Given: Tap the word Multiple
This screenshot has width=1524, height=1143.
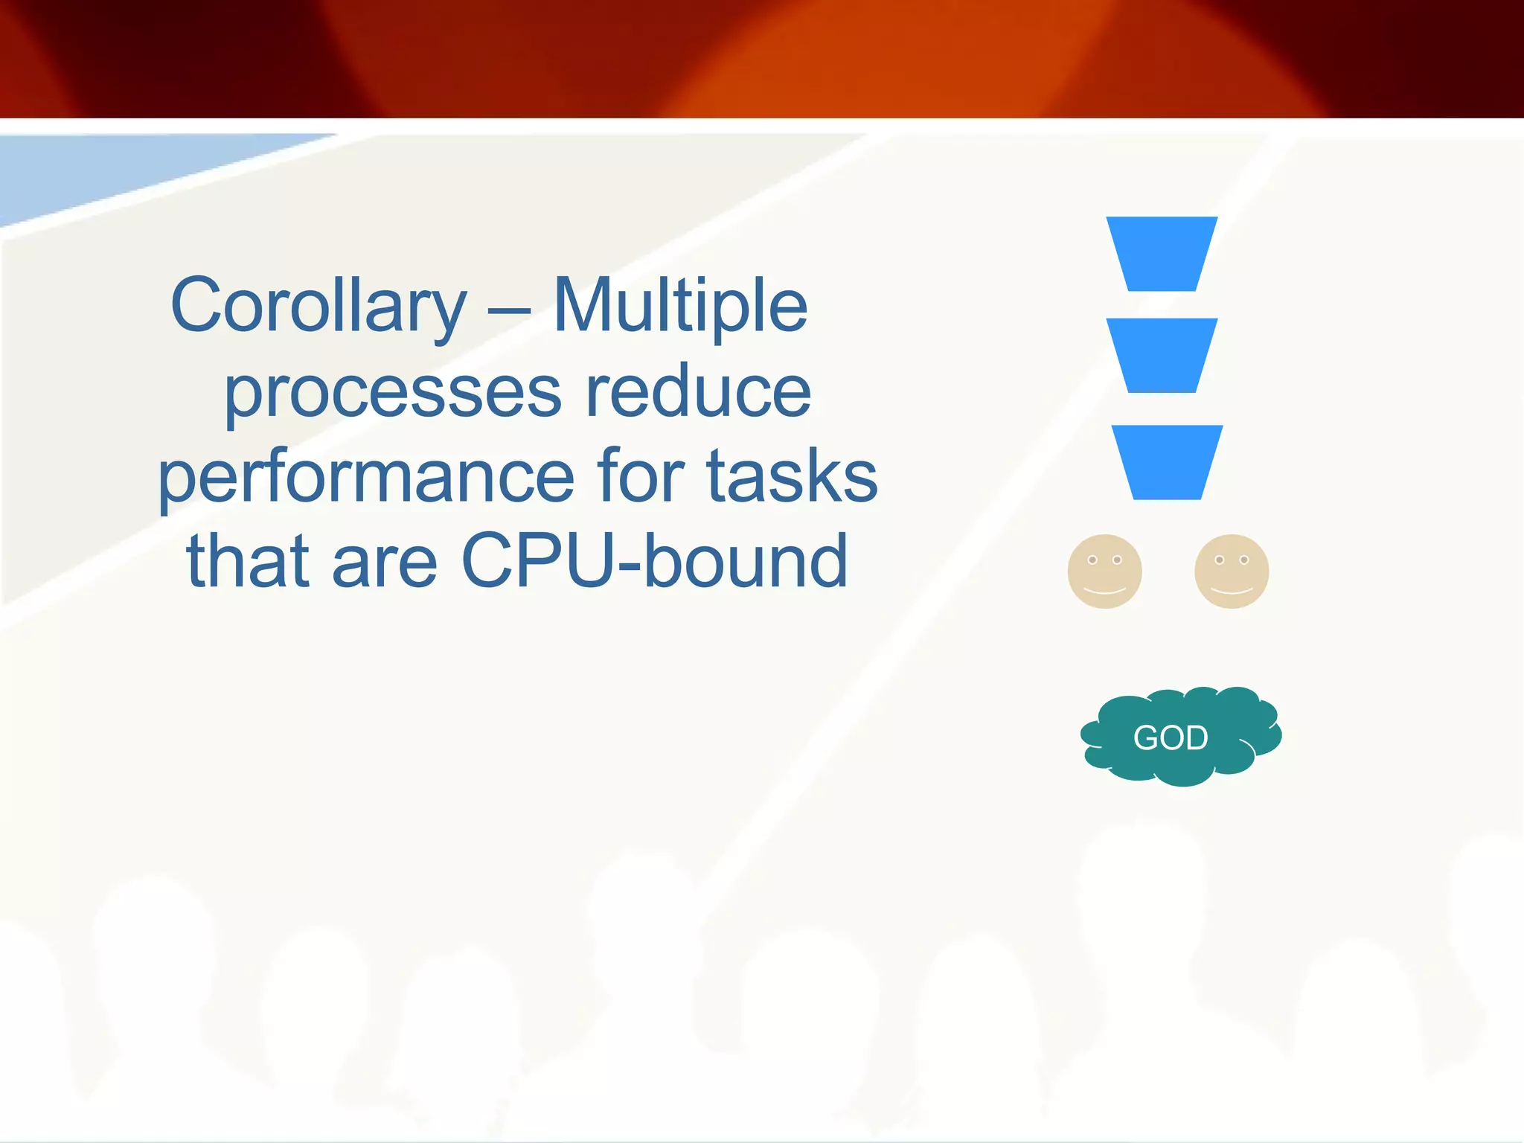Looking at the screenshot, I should point(680,305).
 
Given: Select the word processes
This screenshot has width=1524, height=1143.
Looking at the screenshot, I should point(393,393).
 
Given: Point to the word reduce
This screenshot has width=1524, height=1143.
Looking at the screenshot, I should point(698,391).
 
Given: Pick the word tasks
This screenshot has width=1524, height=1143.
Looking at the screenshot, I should point(792,476).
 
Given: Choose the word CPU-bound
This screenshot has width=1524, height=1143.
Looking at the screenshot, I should point(655,561).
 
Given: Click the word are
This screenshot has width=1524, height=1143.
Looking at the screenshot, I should point(385,563).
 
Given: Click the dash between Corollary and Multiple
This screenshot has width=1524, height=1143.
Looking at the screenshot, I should point(510,313).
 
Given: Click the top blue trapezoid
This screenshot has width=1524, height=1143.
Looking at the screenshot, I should point(1162,253).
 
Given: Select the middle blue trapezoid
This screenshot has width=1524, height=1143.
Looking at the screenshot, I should point(1162,355).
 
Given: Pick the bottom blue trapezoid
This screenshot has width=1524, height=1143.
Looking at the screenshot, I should point(1167,461).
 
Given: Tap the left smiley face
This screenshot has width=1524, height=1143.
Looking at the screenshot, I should point(1104,571).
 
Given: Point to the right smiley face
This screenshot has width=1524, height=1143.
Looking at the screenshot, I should point(1232,571).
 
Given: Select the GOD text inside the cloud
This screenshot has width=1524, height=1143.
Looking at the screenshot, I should point(1170,737).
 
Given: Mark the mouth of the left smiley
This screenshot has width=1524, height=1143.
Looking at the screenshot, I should point(1104,591).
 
